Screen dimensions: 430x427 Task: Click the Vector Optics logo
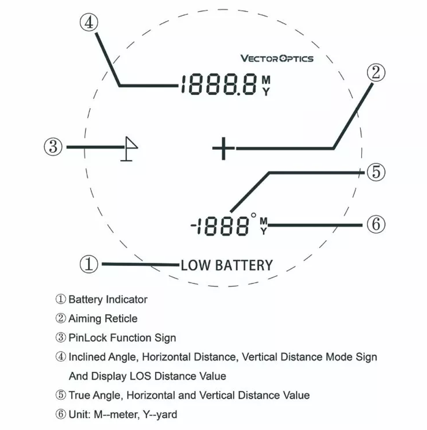pos(277,58)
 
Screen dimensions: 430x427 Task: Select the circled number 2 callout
pos(376,73)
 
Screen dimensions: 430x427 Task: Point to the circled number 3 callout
pos(53,147)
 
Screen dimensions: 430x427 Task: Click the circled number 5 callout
pos(376,172)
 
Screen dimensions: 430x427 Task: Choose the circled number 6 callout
pos(376,224)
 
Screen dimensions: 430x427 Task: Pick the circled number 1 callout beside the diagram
pos(89,264)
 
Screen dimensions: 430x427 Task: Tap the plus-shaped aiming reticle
pos(223,148)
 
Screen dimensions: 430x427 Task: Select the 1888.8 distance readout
pos(218,84)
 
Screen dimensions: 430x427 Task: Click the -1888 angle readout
pos(220,226)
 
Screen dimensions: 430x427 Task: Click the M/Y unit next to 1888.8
pos(266,85)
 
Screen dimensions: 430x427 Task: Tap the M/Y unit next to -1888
pos(264,226)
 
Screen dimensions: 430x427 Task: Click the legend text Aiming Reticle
pos(102,319)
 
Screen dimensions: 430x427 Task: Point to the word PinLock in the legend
pos(88,338)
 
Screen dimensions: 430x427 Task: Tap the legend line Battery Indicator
pos(108,299)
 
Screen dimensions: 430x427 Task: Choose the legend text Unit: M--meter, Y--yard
pos(123,414)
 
